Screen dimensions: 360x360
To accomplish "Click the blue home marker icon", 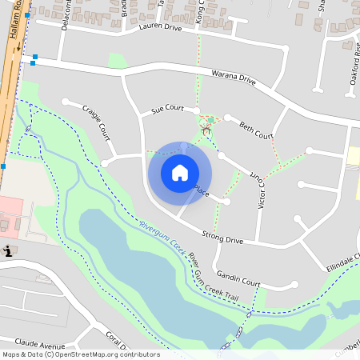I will pyautogui.click(x=180, y=173).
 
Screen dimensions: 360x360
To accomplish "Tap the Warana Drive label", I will pyautogui.click(x=233, y=81).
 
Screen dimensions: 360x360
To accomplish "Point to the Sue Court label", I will pyautogui.click(x=167, y=109).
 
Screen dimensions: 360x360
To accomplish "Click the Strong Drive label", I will pyautogui.click(x=222, y=238).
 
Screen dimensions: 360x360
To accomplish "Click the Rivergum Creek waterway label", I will pyautogui.click(x=162, y=239).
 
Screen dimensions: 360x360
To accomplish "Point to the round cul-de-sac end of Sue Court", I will pyautogui.click(x=195, y=110).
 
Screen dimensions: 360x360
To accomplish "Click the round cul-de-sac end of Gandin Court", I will pyautogui.click(x=295, y=283).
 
